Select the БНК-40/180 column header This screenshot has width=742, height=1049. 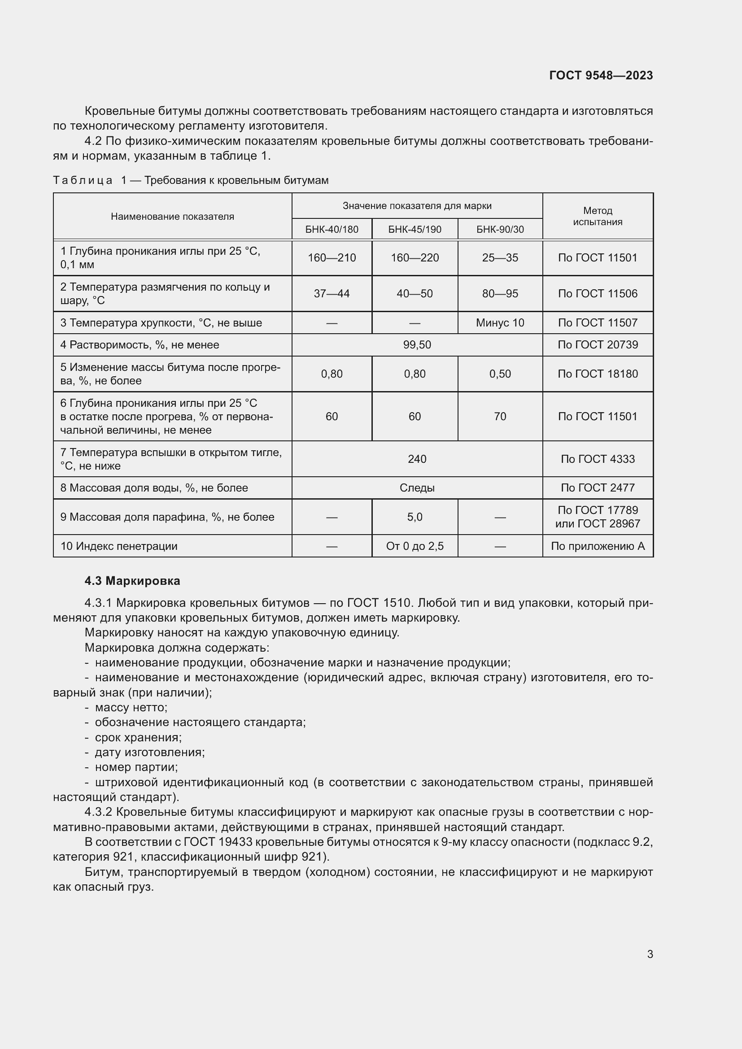click(332, 229)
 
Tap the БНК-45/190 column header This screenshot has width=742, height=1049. click(415, 229)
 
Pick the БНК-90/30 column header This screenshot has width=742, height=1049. click(500, 229)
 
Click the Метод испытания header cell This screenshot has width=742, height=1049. click(597, 216)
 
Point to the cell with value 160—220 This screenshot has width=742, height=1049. click(415, 258)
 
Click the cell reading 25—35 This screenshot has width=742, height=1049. click(500, 258)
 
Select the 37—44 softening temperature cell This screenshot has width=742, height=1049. click(332, 293)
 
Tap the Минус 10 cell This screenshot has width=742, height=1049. click(500, 323)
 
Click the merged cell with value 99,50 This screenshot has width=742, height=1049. click(417, 345)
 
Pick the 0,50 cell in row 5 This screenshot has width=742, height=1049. click(500, 374)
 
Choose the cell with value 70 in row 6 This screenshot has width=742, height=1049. click(500, 416)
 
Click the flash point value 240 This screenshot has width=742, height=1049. click(417, 459)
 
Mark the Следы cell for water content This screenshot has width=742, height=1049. click(417, 488)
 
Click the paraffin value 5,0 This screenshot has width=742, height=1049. click(415, 517)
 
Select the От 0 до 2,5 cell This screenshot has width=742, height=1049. click(415, 546)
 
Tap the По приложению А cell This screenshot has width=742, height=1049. click(597, 546)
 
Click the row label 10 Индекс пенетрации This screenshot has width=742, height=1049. click(119, 546)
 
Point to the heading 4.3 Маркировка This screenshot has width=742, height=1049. click(132, 581)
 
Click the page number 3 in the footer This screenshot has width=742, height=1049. click(650, 954)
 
